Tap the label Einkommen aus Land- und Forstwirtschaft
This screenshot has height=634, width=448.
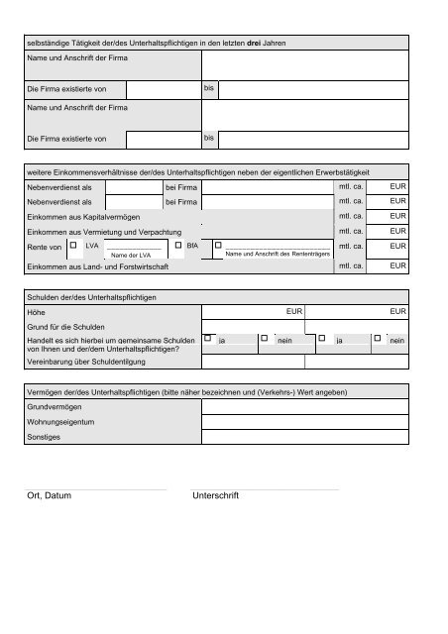[98, 266]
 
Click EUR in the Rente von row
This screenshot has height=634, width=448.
[397, 246]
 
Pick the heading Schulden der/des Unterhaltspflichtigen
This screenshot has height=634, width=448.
[92, 297]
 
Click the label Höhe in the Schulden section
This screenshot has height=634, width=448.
[38, 312]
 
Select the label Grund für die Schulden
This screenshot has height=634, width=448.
[67, 327]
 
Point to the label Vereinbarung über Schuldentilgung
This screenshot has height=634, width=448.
[89, 363]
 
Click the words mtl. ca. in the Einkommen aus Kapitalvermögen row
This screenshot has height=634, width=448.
[352, 216]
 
